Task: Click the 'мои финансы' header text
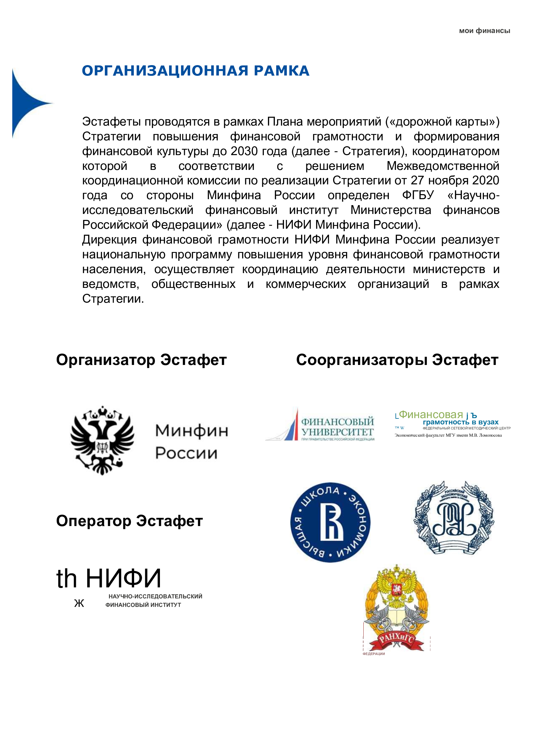[484, 31]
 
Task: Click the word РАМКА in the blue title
[281, 71]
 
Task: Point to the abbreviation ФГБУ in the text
[418, 195]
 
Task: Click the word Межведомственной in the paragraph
[443, 166]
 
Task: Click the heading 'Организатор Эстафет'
[141, 360]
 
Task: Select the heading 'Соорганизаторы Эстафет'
[397, 360]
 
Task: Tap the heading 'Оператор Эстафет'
[129, 521]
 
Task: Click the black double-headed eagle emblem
[102, 440]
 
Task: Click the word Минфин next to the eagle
[192, 430]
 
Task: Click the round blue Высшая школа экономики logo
[330, 523]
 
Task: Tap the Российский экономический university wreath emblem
[454, 518]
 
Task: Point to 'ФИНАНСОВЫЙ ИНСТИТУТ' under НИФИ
[143, 605]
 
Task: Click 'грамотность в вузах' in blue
[461, 422]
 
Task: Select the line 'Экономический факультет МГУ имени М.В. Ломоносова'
[448, 435]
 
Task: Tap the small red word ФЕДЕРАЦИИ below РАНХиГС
[373, 654]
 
